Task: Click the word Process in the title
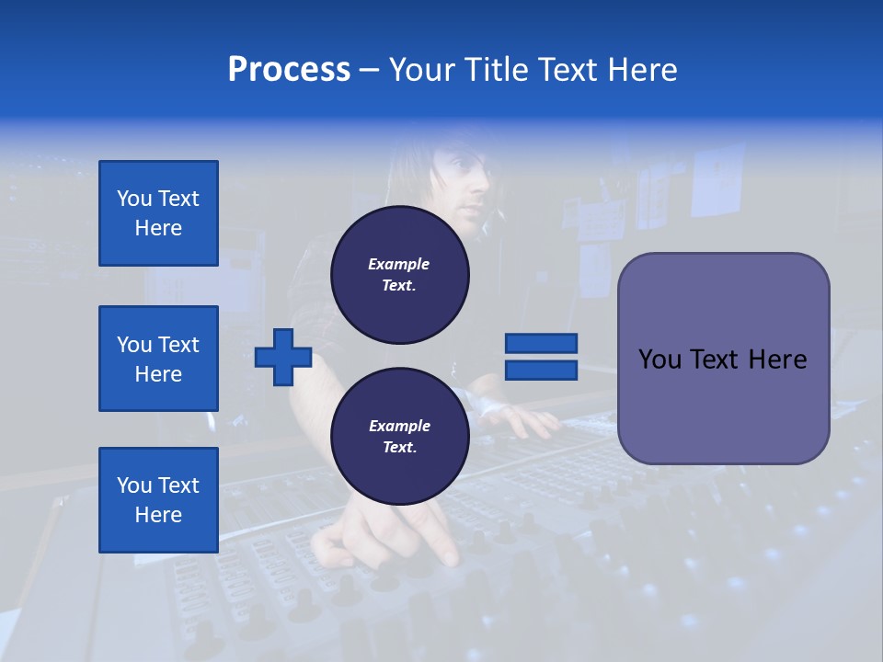coord(289,70)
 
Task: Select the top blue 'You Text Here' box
coord(158,213)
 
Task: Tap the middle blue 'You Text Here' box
coord(158,359)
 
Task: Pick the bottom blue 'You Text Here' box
coord(158,500)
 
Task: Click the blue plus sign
coord(283,357)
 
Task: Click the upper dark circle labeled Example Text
coord(399,275)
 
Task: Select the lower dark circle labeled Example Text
coord(399,437)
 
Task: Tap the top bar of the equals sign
coord(541,344)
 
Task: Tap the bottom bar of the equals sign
coord(541,370)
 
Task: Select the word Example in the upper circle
coord(399,264)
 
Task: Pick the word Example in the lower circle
coord(399,426)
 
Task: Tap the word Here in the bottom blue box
coord(158,515)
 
